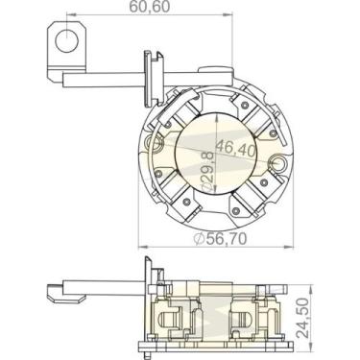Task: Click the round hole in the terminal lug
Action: (x=66, y=41)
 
